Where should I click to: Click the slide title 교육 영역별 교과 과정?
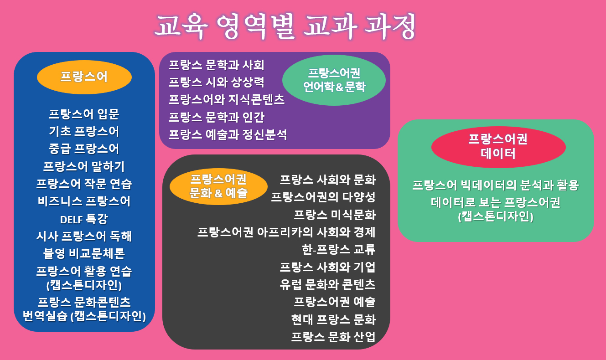[x=285, y=26]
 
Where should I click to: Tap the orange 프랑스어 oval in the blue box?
[x=84, y=77]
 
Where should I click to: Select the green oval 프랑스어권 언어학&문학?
[x=334, y=80]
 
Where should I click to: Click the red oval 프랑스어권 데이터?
[x=498, y=147]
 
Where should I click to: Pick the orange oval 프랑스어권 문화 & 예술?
[x=218, y=186]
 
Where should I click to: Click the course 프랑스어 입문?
[x=84, y=114]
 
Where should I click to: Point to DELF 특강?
[x=84, y=219]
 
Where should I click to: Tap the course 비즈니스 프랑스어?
[x=84, y=201]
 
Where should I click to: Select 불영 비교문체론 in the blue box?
[x=84, y=253]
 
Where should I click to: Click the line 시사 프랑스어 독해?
[x=84, y=236]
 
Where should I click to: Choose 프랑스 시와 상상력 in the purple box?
[x=216, y=82]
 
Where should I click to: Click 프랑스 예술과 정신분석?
[x=228, y=134]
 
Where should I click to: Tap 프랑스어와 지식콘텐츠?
[x=227, y=99]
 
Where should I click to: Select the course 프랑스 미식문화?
[x=335, y=215]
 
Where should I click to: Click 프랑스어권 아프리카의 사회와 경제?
[x=286, y=232]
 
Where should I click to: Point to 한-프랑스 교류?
[x=338, y=249]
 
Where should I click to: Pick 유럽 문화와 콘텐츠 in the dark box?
[x=327, y=284]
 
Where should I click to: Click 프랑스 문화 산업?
[x=333, y=337]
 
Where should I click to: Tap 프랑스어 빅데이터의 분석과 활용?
[x=496, y=185]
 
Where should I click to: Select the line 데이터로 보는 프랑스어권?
[x=496, y=202]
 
